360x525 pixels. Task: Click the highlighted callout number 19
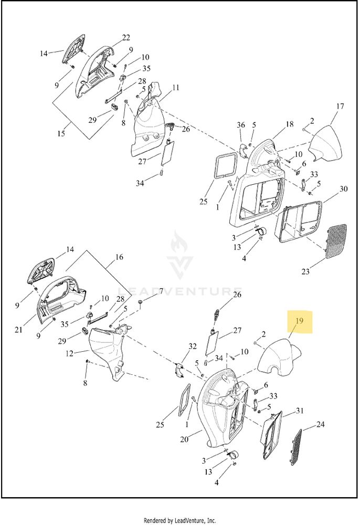click(x=299, y=321)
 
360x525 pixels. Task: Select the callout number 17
click(x=340, y=107)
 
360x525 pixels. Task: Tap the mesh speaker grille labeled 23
click(x=336, y=241)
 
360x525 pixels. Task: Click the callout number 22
click(x=126, y=37)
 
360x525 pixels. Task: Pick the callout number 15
click(x=61, y=133)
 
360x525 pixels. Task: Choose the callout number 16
click(x=119, y=257)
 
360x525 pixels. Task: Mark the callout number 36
click(x=241, y=125)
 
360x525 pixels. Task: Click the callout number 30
click(x=344, y=189)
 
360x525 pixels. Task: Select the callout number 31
click(x=300, y=411)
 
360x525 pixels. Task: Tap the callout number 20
click(x=184, y=439)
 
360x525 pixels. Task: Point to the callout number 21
click(x=18, y=330)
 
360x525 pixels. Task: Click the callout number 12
click(x=69, y=353)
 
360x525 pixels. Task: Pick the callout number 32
click(x=193, y=346)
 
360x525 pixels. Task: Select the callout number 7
click(x=161, y=291)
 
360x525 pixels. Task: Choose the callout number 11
click(x=176, y=88)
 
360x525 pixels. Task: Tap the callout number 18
click(x=289, y=124)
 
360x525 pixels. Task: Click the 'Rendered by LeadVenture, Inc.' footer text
click(x=179, y=521)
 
